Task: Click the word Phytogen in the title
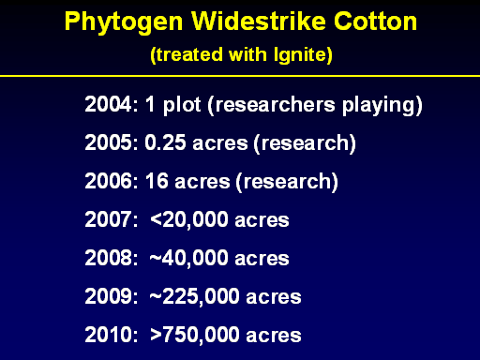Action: pyautogui.click(x=124, y=22)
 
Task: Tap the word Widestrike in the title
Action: pyautogui.click(x=259, y=22)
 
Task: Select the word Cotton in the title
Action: pyautogui.click(x=376, y=22)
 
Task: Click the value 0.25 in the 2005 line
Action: pyautogui.click(x=165, y=142)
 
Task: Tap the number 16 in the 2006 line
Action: pyautogui.click(x=157, y=181)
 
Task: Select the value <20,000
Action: pyautogui.click(x=189, y=220)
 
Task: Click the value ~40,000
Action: pyautogui.click(x=189, y=259)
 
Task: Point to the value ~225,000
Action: pyautogui.click(x=195, y=297)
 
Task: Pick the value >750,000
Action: pyautogui.click(x=195, y=336)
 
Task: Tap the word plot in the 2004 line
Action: pyautogui.click(x=182, y=106)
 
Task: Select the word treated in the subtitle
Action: pyautogui.click(x=189, y=55)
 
